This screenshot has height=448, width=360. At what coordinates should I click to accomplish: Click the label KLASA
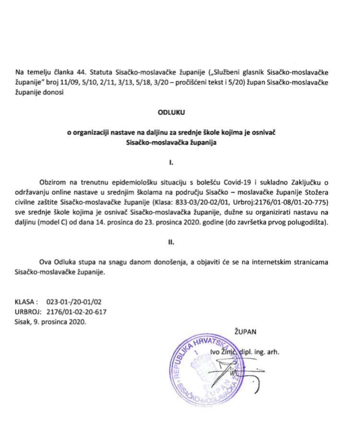tap(26, 303)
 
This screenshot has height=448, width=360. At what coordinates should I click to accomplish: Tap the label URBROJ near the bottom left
tap(27, 312)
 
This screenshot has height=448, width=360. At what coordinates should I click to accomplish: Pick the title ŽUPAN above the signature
tap(246, 331)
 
